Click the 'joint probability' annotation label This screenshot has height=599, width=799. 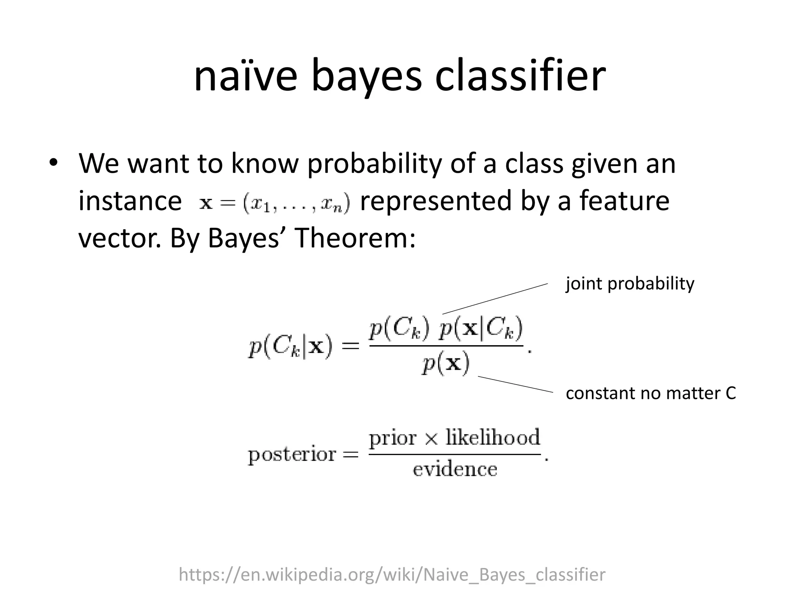point(630,284)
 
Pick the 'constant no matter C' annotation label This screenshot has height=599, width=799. point(650,393)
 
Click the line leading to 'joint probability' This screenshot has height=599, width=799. point(495,299)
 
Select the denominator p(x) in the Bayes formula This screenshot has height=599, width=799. point(446,365)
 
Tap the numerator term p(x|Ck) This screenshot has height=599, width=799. point(481,330)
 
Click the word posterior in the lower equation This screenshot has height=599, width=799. point(292,455)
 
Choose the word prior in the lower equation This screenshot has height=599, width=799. point(393,438)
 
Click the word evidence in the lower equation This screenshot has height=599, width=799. point(455,469)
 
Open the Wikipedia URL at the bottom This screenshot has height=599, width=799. point(392,574)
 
